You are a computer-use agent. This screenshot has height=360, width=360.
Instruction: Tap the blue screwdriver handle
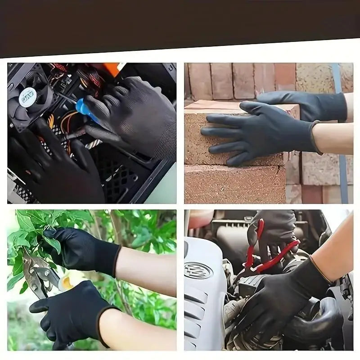84,109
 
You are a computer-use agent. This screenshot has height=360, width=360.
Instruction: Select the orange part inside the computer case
110,69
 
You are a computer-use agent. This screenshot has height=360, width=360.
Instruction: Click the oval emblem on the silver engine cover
198,270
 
